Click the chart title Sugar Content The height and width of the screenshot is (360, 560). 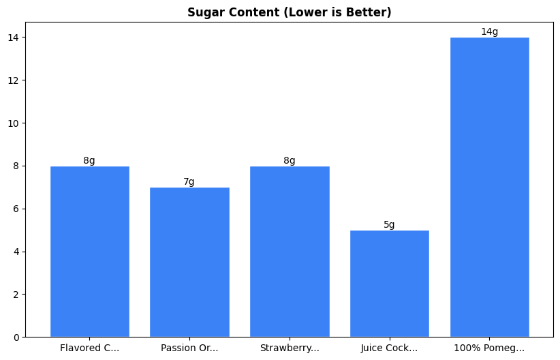[x=289, y=12]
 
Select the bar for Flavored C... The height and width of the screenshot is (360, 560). [x=89, y=252]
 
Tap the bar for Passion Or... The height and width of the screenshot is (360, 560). [x=189, y=262]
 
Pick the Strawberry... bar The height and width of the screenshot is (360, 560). [x=290, y=252]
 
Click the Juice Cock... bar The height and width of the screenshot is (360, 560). [x=389, y=284]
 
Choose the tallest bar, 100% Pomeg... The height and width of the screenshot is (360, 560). [x=489, y=187]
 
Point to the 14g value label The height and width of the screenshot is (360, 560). [x=489, y=32]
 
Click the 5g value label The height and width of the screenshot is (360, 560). [x=389, y=225]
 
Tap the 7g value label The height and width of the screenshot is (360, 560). [x=189, y=182]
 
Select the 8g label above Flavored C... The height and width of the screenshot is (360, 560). [x=89, y=161]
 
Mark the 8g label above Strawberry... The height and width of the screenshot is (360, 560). [x=290, y=161]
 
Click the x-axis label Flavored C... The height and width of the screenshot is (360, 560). [x=89, y=348]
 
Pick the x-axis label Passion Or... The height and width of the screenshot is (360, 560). [x=189, y=348]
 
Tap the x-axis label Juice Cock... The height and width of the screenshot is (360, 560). [x=389, y=348]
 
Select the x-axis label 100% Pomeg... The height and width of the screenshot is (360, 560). [x=489, y=348]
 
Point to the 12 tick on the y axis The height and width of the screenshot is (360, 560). [x=13, y=80]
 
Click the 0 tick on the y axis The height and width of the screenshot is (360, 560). [x=16, y=337]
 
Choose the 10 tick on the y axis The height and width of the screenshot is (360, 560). [x=13, y=123]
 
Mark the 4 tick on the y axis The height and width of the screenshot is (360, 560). [x=16, y=252]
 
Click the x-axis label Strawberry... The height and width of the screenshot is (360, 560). [x=290, y=348]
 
